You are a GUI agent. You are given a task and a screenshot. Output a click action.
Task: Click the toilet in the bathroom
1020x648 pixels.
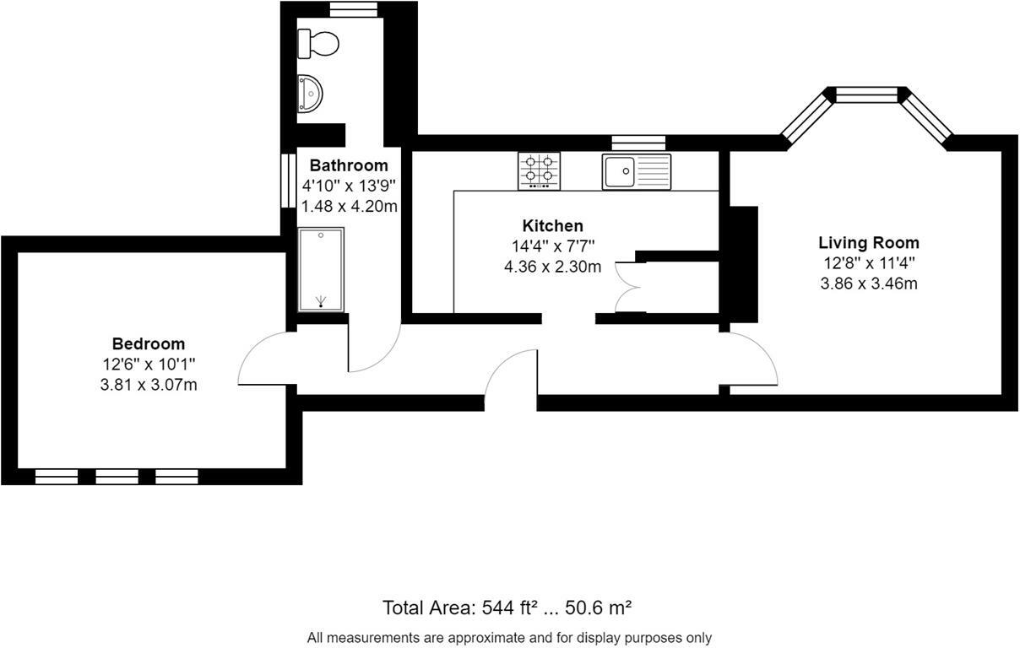319,42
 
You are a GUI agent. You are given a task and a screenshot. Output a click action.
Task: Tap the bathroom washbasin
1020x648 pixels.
311,93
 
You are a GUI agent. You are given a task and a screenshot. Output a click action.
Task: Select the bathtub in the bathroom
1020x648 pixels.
321,269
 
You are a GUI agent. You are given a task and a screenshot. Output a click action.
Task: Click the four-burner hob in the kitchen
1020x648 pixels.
539,170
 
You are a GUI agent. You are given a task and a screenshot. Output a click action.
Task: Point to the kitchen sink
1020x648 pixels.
636,171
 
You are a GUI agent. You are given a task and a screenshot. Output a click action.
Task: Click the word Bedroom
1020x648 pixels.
148,343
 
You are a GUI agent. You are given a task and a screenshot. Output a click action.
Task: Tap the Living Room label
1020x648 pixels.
868,243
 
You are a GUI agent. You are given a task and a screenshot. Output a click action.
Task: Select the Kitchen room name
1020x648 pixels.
552,225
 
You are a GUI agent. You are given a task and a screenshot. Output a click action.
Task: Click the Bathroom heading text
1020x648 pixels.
349,165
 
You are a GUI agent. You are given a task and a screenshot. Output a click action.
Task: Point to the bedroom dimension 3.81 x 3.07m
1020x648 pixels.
148,385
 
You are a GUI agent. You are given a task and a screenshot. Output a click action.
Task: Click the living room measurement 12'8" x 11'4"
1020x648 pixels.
868,263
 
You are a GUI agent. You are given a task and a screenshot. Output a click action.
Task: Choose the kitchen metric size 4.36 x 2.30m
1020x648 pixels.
552,267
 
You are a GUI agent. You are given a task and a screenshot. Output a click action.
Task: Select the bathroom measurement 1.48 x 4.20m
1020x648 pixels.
349,206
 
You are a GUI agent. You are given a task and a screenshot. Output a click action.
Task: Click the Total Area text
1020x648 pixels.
507,607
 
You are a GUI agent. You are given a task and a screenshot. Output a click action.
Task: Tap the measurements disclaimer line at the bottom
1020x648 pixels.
509,638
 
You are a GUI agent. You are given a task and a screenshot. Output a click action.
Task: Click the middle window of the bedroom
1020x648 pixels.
117,478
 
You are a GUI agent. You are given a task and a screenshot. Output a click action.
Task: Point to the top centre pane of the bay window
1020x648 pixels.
868,94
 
